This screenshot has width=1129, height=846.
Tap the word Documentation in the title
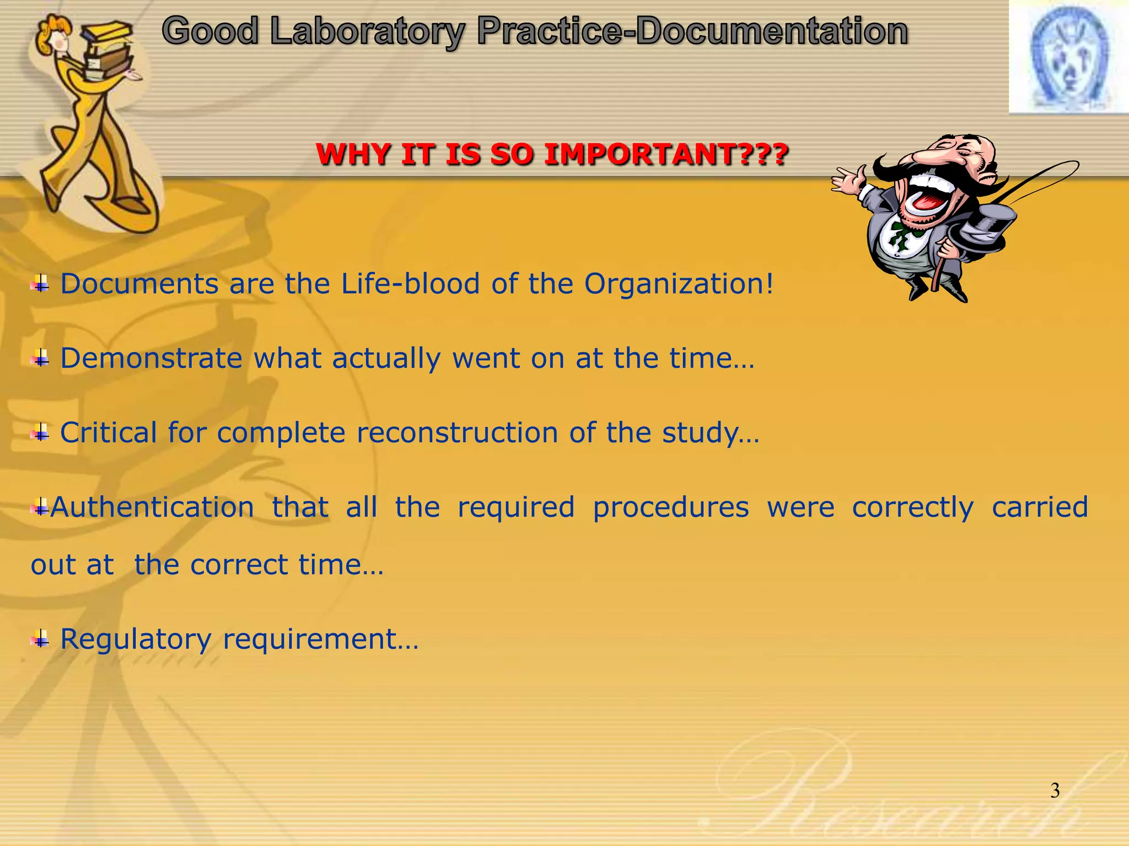point(772,31)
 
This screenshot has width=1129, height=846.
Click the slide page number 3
point(1055,791)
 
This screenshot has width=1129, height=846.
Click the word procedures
point(671,507)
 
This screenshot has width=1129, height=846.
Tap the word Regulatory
point(136,639)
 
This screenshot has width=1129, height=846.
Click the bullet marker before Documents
point(40,285)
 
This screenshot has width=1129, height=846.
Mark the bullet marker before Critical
point(40,433)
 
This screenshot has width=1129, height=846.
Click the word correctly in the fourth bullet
point(913,507)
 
